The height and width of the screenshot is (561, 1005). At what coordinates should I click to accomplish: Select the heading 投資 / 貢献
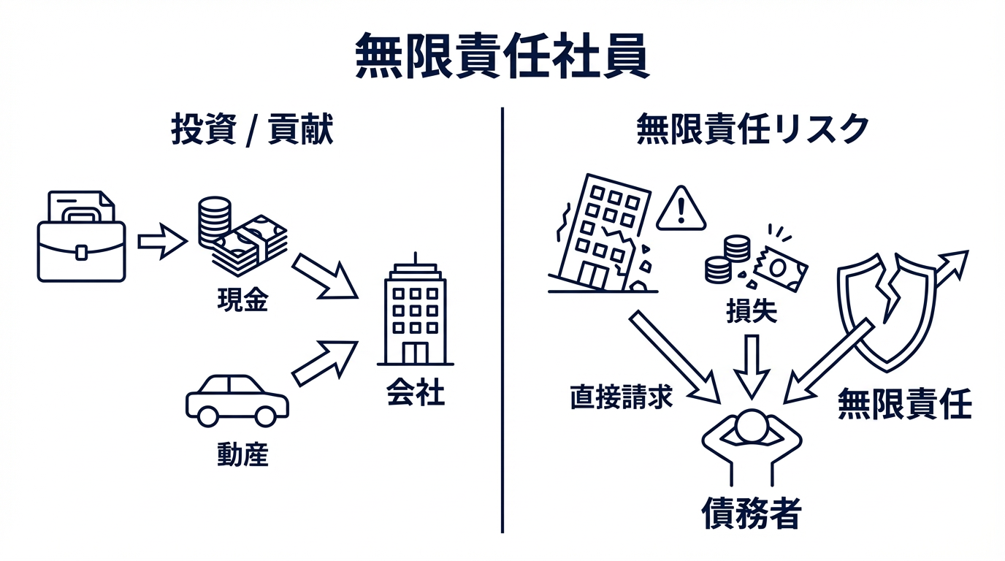tap(252, 129)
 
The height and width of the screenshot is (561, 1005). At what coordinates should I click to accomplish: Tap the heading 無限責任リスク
tap(753, 129)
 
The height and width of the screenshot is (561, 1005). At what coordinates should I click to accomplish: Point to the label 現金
tap(242, 300)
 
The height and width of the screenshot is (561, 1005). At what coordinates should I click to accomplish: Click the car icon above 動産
tap(237, 400)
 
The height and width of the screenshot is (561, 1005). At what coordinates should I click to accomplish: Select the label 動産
tap(242, 455)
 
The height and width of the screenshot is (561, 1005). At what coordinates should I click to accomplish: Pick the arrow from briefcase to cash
tap(161, 241)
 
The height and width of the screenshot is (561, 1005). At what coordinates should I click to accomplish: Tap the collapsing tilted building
tap(603, 234)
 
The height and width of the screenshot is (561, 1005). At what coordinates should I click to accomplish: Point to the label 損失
tap(751, 312)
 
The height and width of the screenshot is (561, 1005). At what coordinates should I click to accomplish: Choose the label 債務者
tap(752, 514)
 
